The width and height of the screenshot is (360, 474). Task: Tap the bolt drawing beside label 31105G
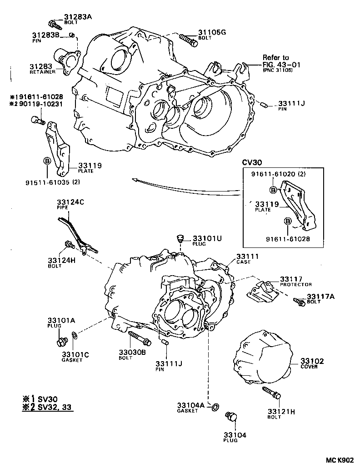(187, 40)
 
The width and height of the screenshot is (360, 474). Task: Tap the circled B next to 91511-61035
(47, 161)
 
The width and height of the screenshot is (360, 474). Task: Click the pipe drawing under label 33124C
(77, 234)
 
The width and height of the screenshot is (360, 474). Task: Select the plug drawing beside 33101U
(180, 238)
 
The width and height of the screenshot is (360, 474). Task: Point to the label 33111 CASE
(248, 259)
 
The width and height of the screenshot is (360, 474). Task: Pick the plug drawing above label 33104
(231, 418)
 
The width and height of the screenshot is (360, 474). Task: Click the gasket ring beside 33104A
(215, 405)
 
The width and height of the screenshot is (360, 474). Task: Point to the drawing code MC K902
(338, 460)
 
